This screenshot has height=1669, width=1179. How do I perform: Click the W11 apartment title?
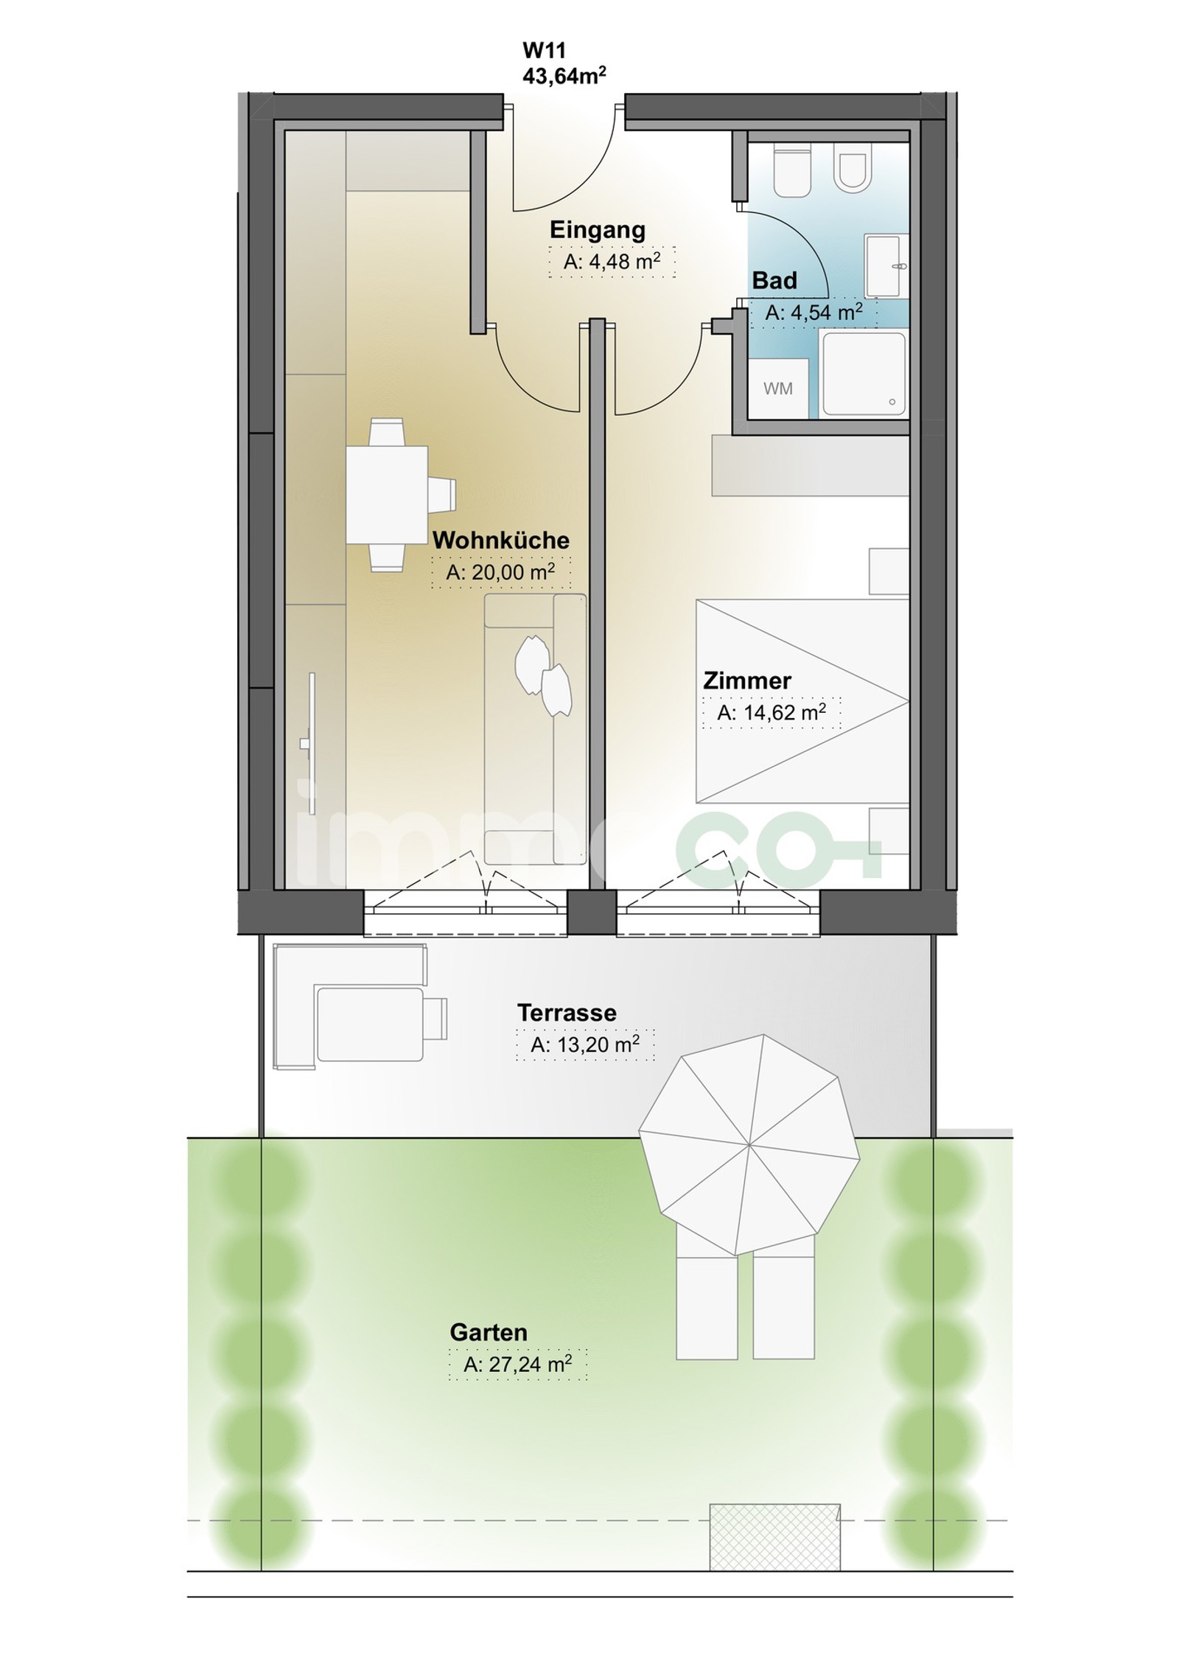544,51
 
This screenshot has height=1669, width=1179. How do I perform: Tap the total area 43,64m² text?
564,75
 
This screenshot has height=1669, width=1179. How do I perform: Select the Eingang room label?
598,230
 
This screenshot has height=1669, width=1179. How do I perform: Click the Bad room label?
774,281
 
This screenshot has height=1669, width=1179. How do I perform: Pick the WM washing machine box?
778,388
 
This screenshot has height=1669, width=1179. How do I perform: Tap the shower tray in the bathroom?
864,374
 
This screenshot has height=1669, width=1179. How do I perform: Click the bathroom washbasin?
886,265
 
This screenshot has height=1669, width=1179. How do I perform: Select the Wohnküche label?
501,540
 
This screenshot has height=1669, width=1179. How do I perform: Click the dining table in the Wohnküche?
387,495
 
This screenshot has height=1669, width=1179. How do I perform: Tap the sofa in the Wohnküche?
535,728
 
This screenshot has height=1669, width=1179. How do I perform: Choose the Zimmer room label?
747,680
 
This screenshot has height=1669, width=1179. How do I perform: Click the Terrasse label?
567,1013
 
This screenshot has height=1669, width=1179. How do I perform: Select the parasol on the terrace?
749,1145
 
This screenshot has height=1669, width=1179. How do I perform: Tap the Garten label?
489,1332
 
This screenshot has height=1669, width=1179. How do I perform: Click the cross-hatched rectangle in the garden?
774,1537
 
